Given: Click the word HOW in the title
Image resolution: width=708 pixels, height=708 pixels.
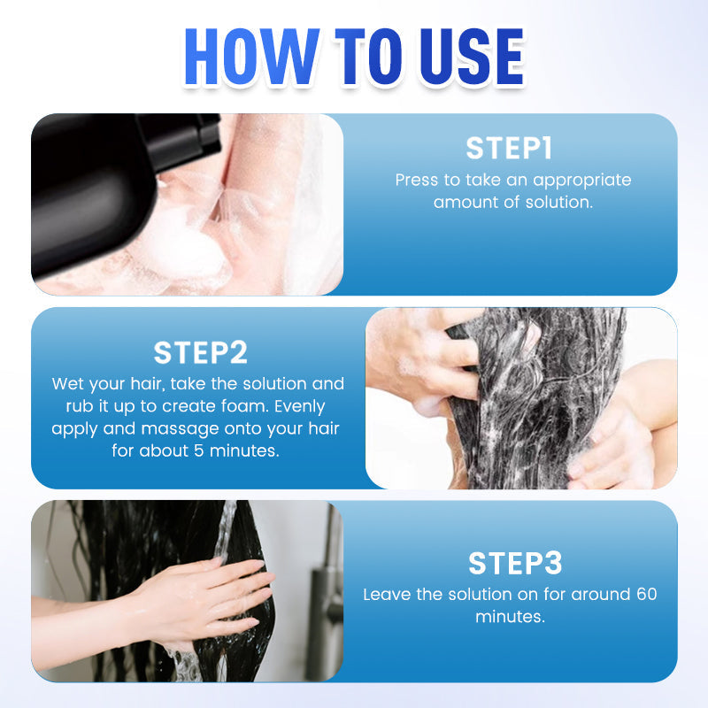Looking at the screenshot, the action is click(251, 57).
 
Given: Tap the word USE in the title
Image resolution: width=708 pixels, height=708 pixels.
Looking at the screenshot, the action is click(472, 57).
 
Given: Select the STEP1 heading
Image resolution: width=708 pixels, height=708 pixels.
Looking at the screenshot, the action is click(509, 149).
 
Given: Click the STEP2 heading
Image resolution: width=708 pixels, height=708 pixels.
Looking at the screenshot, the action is click(201, 352).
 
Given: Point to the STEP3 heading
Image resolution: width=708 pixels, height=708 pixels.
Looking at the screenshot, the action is click(515, 563).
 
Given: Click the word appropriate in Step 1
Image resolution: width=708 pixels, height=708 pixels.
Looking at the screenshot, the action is click(582, 181).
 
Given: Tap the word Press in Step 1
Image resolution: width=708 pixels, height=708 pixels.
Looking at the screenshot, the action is click(417, 180).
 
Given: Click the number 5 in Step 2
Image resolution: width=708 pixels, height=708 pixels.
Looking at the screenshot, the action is click(199, 450).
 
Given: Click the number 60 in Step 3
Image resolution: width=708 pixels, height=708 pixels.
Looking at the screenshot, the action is click(647, 594).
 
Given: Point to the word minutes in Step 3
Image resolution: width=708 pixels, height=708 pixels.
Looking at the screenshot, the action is click(511, 616).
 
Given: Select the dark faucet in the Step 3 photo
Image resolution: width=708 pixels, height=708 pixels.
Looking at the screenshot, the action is click(326, 601).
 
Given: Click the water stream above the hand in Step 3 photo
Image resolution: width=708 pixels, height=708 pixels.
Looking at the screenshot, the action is click(225, 529).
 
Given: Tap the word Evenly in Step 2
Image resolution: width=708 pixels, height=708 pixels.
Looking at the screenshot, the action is click(299, 407).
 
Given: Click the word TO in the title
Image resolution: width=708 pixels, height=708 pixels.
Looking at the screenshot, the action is click(368, 57).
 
